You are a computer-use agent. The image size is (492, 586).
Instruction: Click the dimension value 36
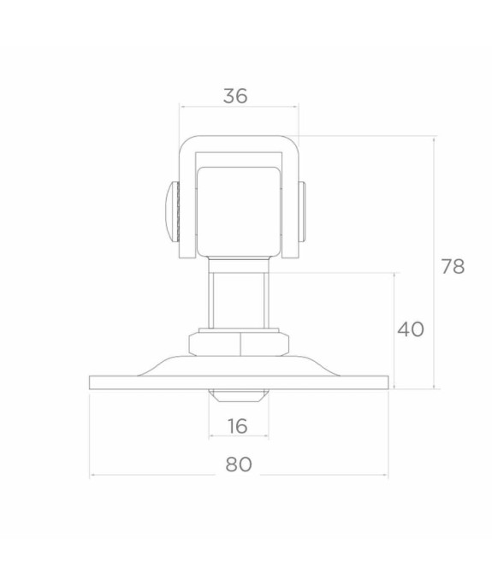pyautogui.click(x=235, y=96)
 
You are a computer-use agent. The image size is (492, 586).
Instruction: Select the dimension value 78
pyautogui.click(x=453, y=266)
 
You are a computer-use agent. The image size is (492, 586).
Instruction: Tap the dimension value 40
pyautogui.click(x=411, y=329)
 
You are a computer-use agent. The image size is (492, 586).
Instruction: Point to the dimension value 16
pyautogui.click(x=238, y=426)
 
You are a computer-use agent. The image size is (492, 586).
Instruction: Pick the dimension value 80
pyautogui.click(x=239, y=465)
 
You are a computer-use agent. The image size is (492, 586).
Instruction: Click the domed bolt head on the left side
pyautogui.click(x=172, y=211)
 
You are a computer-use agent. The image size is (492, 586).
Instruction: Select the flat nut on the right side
pyautogui.click(x=302, y=211)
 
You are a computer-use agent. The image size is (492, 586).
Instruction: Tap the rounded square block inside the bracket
pyautogui.click(x=239, y=211)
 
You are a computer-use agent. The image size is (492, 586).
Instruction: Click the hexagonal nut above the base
pyautogui.click(x=239, y=344)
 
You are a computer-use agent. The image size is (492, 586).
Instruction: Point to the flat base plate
pyautogui.click(x=239, y=382)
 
